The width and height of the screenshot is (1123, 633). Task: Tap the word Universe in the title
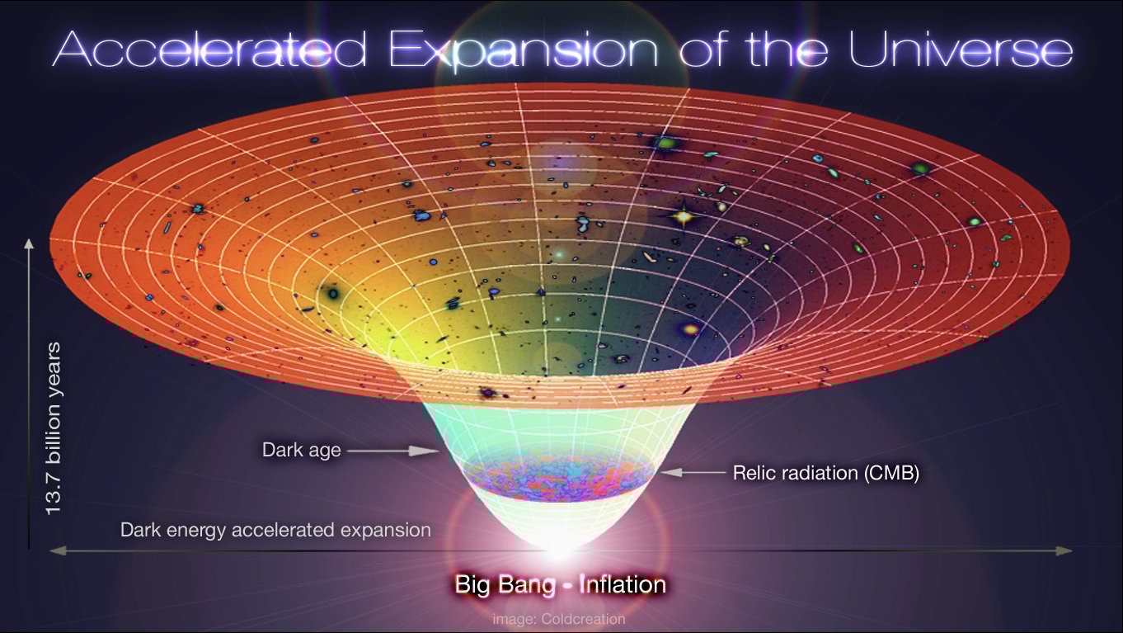pos(961,50)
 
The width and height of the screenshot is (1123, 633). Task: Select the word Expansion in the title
pos(524,50)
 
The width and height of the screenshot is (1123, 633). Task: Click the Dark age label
pos(301,451)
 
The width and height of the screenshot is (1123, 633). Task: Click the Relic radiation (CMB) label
pos(825,474)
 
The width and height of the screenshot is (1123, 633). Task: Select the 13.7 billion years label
pos(55,429)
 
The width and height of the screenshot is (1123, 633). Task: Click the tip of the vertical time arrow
pos(30,242)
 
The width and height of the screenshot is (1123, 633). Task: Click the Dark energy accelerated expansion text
pos(275,530)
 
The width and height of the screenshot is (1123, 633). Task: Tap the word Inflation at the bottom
pos(623,585)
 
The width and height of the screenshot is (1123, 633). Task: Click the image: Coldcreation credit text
pos(559,618)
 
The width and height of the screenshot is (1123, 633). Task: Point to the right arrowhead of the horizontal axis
pos(1069,550)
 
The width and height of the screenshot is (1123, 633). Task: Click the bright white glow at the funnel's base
pos(559,541)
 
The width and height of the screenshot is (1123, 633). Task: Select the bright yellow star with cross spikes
pos(683,217)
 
